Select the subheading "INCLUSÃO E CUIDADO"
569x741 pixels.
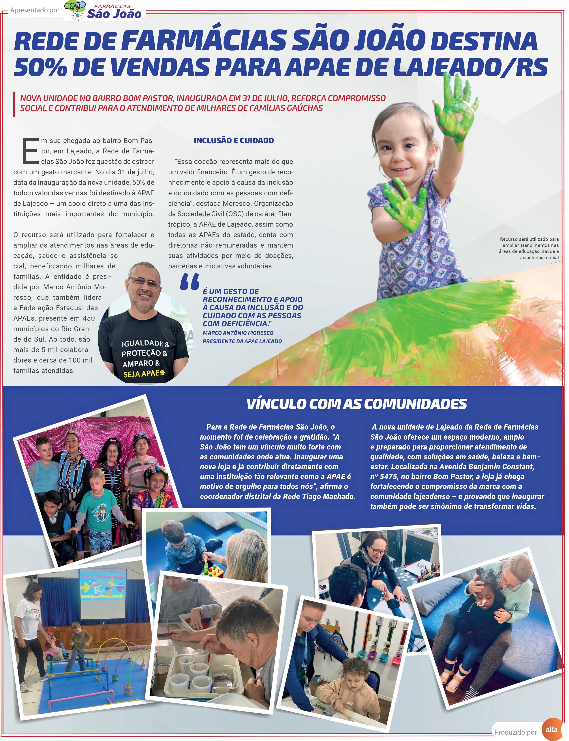pos(234,140)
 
